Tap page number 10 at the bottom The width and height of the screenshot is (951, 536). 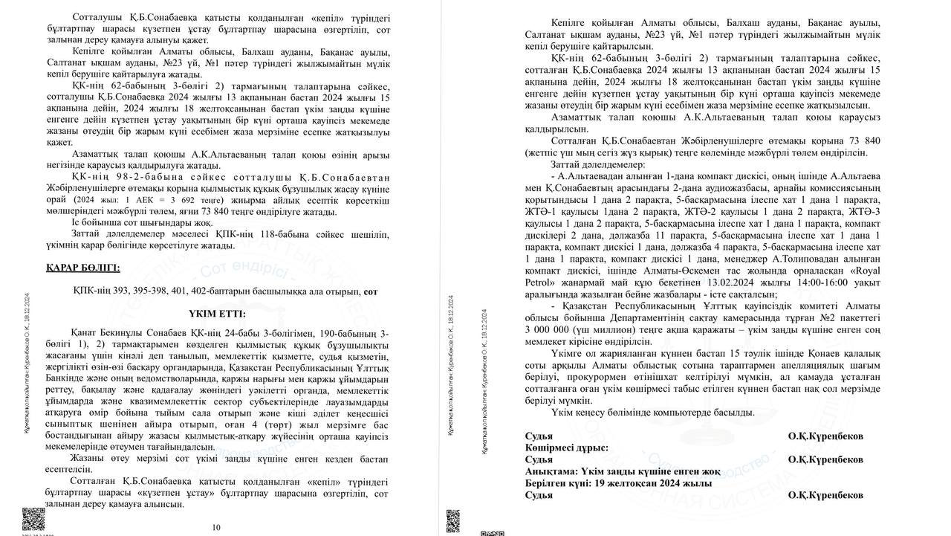click(x=216, y=528)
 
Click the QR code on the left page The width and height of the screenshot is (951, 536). click(x=33, y=517)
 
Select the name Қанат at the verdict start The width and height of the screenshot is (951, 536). click(x=85, y=335)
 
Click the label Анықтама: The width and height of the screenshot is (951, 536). click(x=554, y=471)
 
